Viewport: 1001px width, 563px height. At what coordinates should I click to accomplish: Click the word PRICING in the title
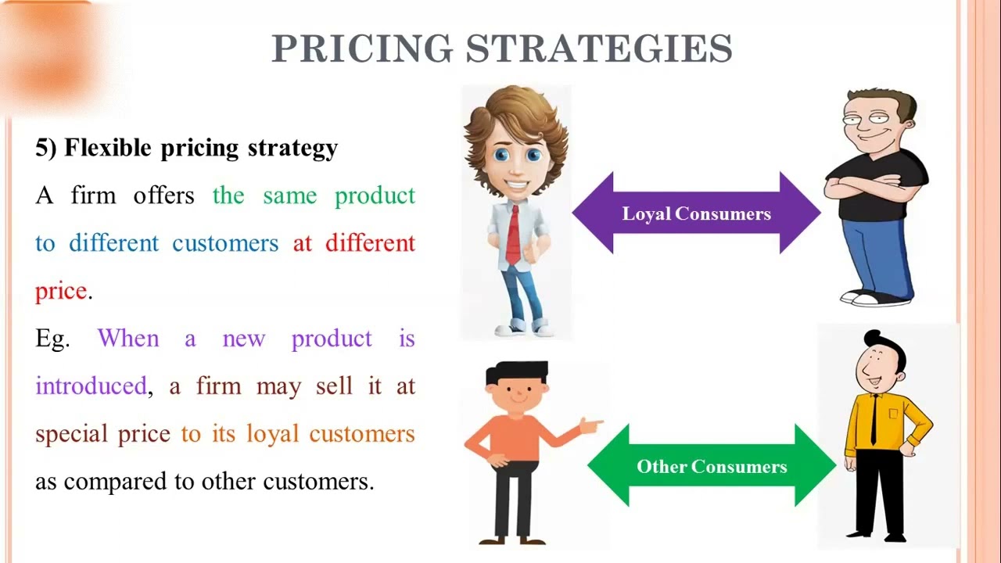tap(361, 49)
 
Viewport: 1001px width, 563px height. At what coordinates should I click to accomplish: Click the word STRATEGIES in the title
tap(599, 49)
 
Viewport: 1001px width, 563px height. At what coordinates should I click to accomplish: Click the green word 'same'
tap(289, 195)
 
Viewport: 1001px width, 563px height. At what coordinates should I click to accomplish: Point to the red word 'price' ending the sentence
tap(61, 291)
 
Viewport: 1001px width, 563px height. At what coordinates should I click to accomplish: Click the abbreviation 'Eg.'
tap(52, 339)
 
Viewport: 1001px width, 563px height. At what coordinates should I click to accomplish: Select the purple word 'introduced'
tap(91, 386)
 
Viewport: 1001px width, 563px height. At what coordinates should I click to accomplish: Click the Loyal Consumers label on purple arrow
tap(696, 213)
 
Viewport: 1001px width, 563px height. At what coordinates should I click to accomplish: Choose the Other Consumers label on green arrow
tap(712, 467)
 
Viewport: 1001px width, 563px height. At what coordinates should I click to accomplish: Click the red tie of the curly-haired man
tap(513, 235)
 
